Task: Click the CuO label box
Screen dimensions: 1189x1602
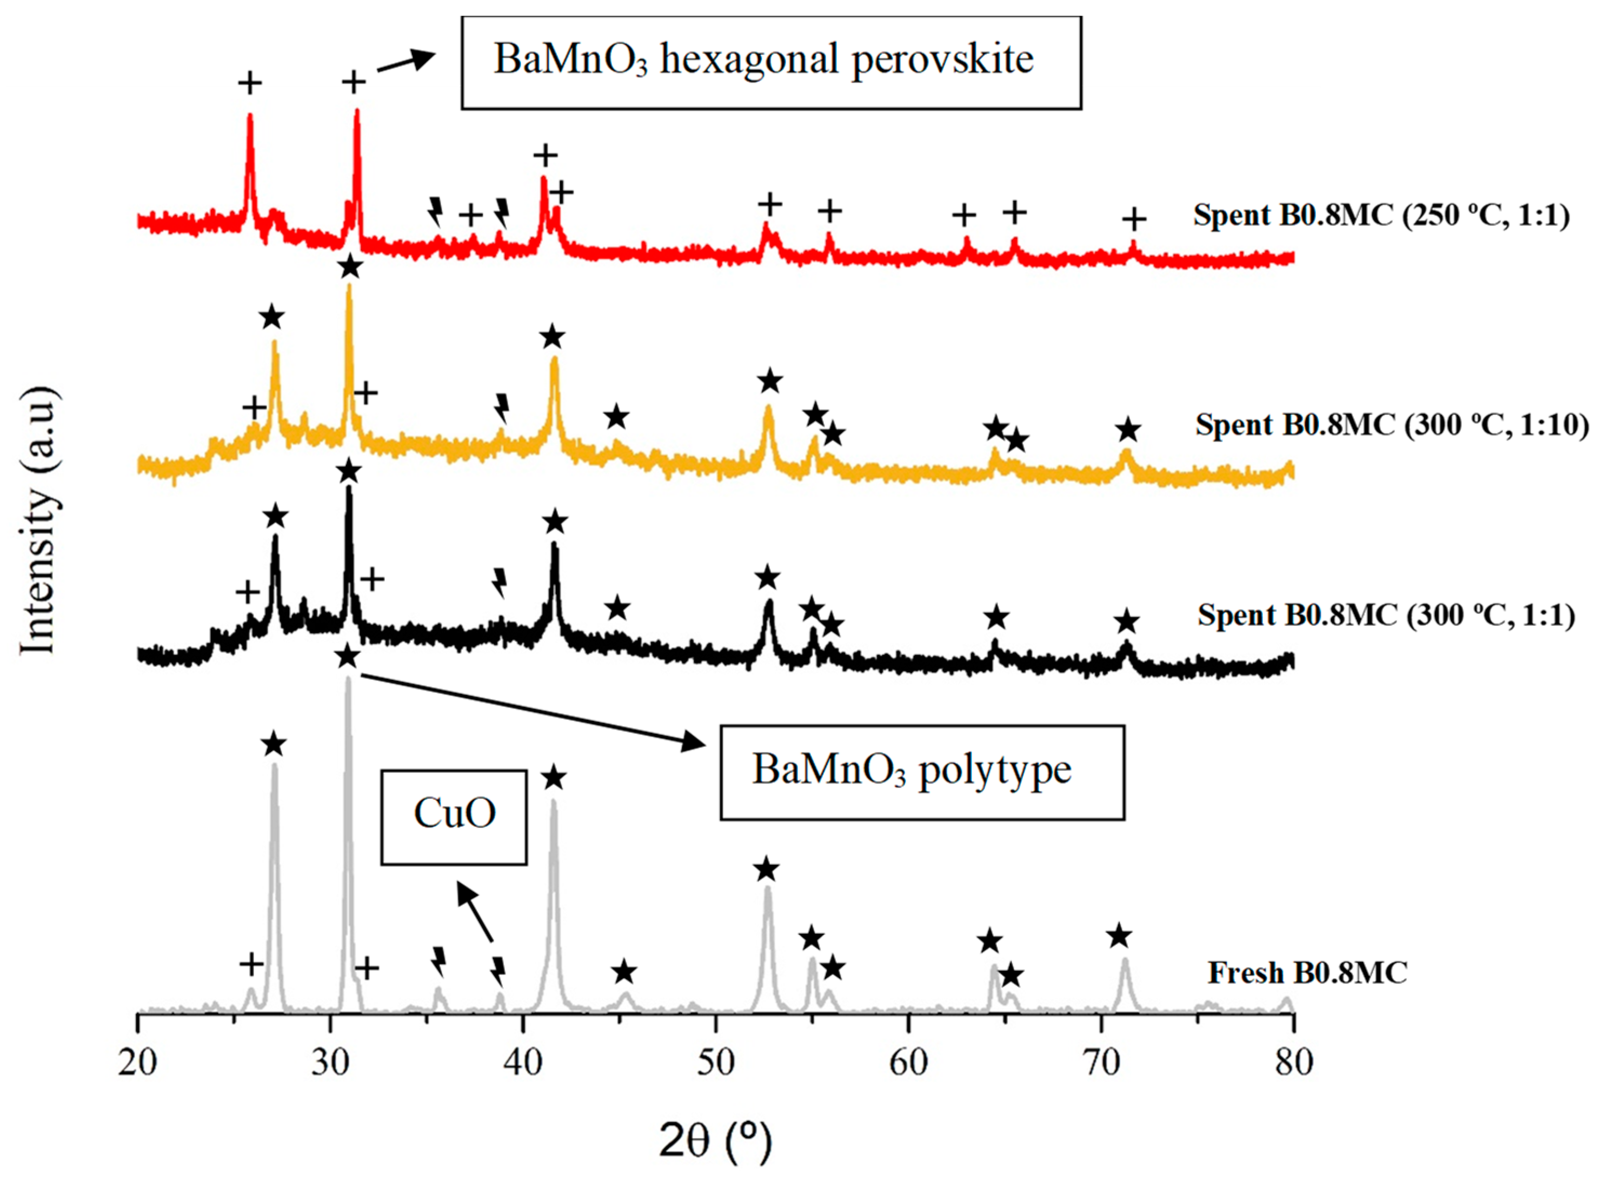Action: point(454,817)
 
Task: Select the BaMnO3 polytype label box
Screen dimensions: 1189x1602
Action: point(922,772)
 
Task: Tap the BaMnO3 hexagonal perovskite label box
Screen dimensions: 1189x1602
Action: point(770,63)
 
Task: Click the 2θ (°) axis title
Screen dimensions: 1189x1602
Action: point(715,1141)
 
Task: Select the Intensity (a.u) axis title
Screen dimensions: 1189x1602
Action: point(37,522)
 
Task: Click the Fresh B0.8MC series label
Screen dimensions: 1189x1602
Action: point(1307,973)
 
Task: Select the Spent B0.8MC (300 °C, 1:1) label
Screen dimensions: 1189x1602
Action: point(1386,616)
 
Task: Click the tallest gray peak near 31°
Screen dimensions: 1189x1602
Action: point(349,680)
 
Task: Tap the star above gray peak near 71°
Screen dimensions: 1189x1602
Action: point(1119,937)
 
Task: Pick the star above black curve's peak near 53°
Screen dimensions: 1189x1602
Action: point(768,577)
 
